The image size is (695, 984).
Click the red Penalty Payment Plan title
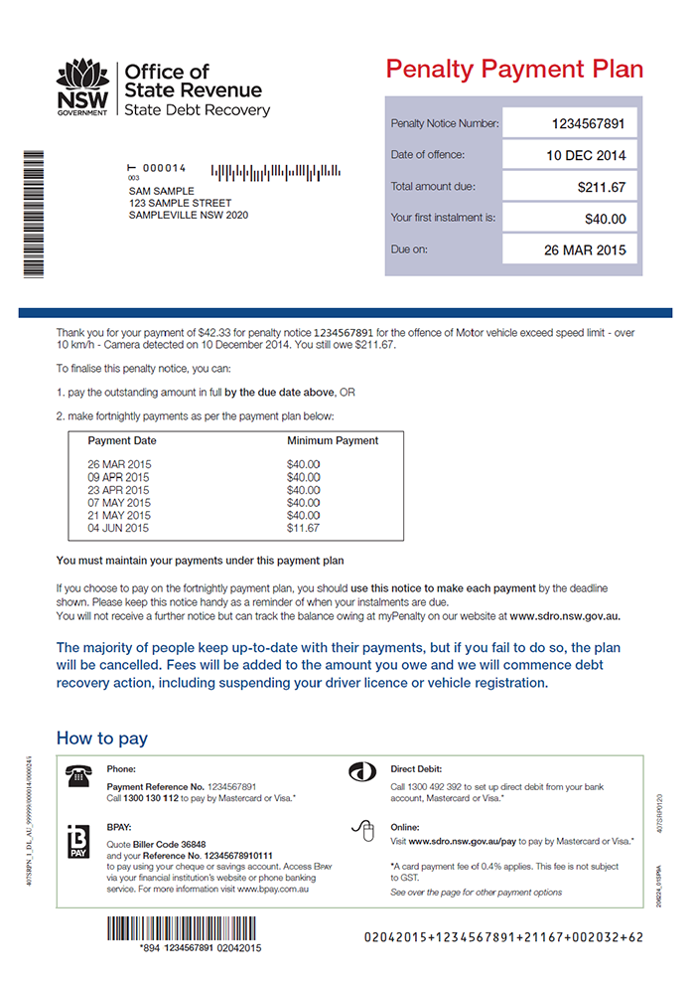pyautogui.click(x=514, y=70)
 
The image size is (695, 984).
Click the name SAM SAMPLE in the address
pyautogui.click(x=162, y=191)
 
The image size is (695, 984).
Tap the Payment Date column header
pyautogui.click(x=122, y=440)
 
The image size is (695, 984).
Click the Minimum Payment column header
pyautogui.click(x=333, y=440)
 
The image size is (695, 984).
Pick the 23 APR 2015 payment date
pyautogui.click(x=118, y=490)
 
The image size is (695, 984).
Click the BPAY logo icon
pyautogui.click(x=76, y=841)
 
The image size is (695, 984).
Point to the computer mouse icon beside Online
pyautogui.click(x=361, y=831)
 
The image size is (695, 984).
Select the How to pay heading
pyautogui.click(x=101, y=738)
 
